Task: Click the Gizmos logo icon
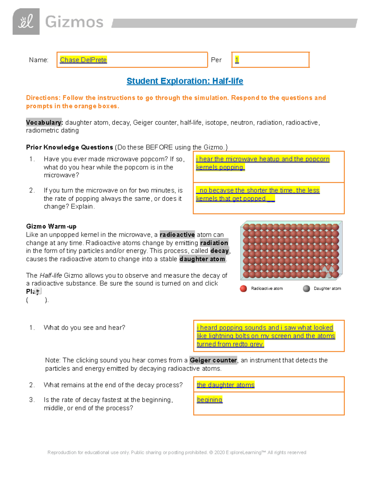(x=26, y=22)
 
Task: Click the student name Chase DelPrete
(x=83, y=60)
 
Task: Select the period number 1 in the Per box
(x=237, y=60)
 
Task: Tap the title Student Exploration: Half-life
(x=185, y=81)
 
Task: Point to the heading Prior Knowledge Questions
(x=69, y=147)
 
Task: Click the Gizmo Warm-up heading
(x=51, y=227)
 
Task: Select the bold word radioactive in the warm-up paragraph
(x=177, y=235)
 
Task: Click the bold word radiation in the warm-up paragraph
(x=214, y=243)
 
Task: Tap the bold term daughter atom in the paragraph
(x=202, y=259)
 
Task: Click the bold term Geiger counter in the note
(x=213, y=360)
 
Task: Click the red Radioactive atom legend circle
(x=243, y=288)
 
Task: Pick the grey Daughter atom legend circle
(x=306, y=288)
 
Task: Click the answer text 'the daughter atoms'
(x=225, y=385)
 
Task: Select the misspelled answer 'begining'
(x=210, y=400)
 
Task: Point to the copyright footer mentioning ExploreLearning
(x=177, y=452)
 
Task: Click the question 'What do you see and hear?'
(x=84, y=327)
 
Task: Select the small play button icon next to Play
(x=38, y=291)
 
